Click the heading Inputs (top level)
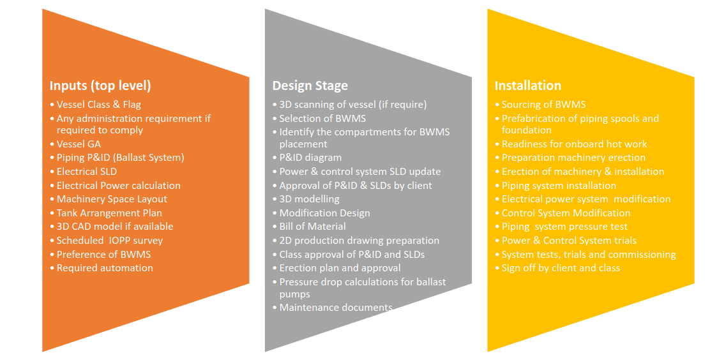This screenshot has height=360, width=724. click(x=100, y=86)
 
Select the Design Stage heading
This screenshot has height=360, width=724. click(x=310, y=86)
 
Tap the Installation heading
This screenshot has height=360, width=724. click(x=528, y=86)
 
